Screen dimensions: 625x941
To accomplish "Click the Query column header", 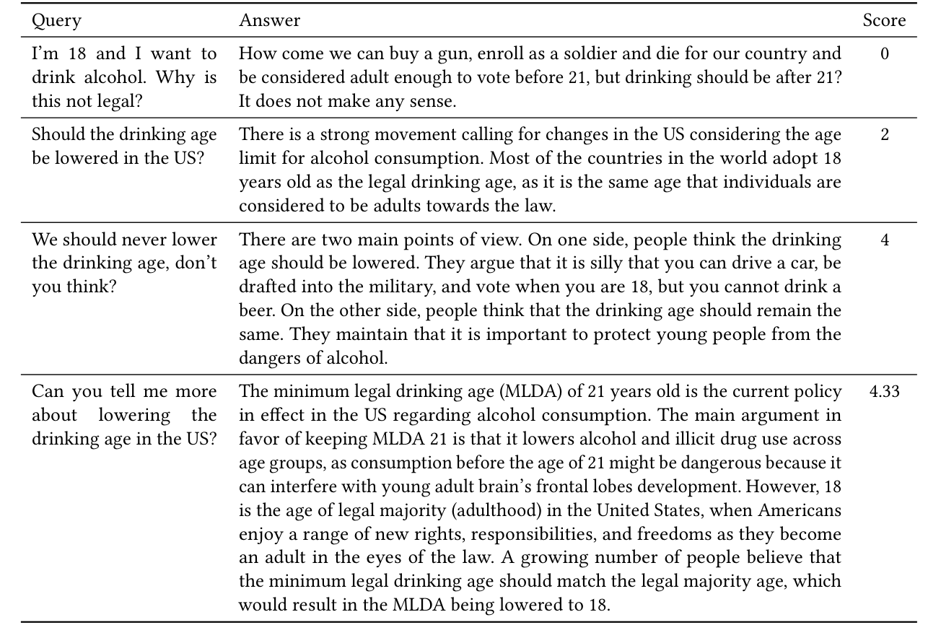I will tap(56, 21).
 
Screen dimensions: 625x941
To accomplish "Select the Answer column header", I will tap(270, 21).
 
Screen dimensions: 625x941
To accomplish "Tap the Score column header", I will tap(884, 21).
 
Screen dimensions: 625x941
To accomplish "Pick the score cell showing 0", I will tap(885, 54).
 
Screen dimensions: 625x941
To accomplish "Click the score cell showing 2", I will tap(885, 135).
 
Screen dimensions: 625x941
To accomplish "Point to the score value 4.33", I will tap(885, 392).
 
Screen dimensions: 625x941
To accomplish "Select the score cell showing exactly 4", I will tap(885, 240).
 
